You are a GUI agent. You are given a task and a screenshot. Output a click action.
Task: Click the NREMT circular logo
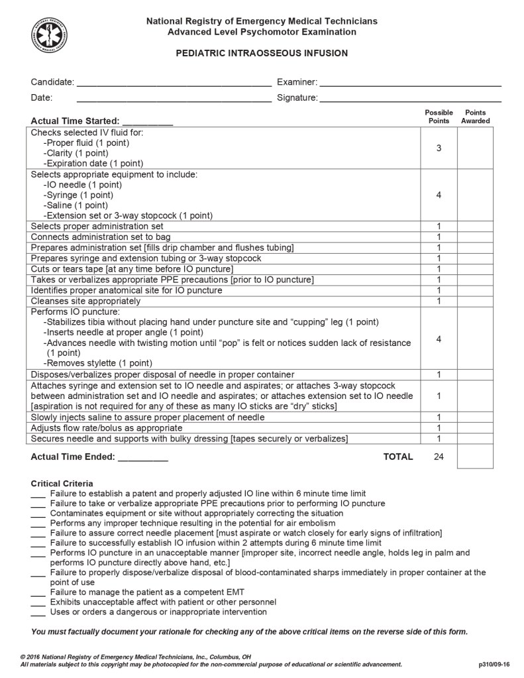tap(48, 34)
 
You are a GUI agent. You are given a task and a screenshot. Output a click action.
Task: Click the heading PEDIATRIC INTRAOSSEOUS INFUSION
tap(262, 53)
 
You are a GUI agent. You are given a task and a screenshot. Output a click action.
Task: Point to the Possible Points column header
tap(439, 117)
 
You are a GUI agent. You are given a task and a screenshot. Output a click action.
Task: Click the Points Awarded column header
tap(475, 117)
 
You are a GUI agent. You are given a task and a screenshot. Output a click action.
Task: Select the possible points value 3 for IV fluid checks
tap(439, 148)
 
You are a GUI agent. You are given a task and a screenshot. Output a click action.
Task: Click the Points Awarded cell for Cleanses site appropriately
tap(475, 301)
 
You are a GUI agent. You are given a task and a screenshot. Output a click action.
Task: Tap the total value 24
tap(439, 457)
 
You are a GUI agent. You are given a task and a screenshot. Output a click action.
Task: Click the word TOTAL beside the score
tap(398, 457)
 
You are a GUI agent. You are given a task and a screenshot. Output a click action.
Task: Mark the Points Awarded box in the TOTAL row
tap(475, 457)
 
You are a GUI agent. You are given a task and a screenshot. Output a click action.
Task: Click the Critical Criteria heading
tap(62, 484)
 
